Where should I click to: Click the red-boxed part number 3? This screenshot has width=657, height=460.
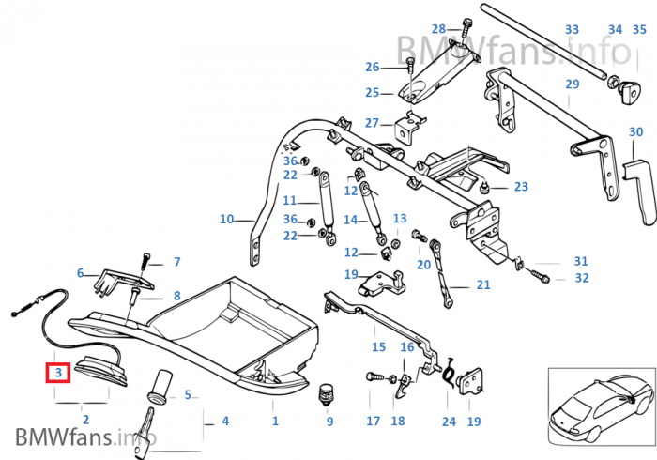pyautogui.click(x=58, y=373)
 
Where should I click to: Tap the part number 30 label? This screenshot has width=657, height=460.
pyautogui.click(x=635, y=132)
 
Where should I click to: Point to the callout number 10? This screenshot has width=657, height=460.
pyautogui.click(x=226, y=220)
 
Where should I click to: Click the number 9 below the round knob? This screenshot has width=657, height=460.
pyautogui.click(x=329, y=422)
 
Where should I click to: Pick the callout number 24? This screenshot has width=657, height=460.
pyautogui.click(x=449, y=422)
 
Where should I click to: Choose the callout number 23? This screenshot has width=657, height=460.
pyautogui.click(x=521, y=187)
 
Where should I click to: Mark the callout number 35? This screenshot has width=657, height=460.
pyautogui.click(x=640, y=30)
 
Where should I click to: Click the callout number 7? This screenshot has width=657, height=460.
pyautogui.click(x=176, y=262)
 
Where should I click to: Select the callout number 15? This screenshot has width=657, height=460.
pyautogui.click(x=378, y=347)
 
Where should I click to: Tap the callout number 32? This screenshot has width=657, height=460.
pyautogui.click(x=582, y=278)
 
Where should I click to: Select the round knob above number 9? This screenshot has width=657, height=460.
pyautogui.click(x=328, y=392)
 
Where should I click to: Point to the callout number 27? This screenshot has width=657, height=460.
pyautogui.click(x=373, y=123)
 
